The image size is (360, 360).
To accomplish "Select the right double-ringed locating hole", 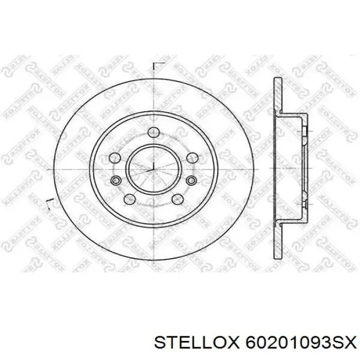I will pos(191,179).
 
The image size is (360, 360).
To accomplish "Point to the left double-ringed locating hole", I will pos(115,179).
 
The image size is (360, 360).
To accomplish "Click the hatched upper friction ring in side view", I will pos(277,95).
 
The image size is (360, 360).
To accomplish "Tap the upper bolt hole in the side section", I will pos(304,132).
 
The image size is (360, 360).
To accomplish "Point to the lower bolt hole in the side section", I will pos(304,204).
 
